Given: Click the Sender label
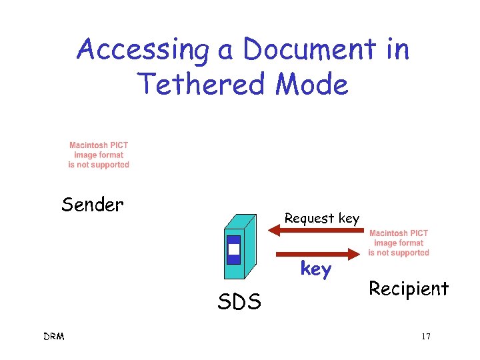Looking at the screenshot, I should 93,205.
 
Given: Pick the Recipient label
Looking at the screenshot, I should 409,289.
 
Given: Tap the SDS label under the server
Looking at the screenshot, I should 239,303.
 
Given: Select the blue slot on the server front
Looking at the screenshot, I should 233,249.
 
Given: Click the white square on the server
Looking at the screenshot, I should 233,250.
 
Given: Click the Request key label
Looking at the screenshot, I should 322,218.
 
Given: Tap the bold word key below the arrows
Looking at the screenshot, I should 315,269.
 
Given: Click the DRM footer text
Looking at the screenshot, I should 55,337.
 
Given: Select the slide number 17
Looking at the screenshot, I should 425,337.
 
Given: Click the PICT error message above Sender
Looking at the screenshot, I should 99,155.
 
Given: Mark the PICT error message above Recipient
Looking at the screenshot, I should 399,243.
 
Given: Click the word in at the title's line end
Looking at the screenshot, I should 395,50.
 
